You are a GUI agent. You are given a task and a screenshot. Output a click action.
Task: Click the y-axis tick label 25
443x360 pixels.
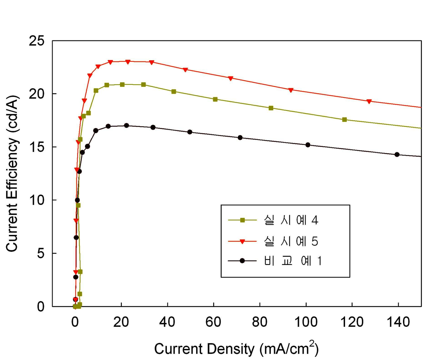click(x=36, y=41)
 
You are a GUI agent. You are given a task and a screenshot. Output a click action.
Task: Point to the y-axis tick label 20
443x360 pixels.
click(x=36, y=94)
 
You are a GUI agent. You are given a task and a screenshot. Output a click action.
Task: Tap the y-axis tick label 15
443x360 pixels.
click(x=36, y=147)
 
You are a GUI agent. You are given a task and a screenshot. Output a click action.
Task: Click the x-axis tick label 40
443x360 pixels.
click(x=167, y=322)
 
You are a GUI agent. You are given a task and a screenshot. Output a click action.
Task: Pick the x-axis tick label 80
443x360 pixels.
click(x=259, y=322)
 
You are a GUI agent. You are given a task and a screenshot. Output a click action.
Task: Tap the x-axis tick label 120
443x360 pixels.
click(x=352, y=322)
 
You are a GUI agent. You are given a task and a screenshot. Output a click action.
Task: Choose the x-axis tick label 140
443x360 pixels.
click(x=398, y=322)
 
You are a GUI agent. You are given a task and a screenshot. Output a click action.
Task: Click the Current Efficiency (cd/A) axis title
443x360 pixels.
click(x=12, y=173)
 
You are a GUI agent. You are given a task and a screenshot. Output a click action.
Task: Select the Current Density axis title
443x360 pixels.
click(x=236, y=349)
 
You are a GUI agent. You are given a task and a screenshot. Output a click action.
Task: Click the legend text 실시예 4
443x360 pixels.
click(x=291, y=220)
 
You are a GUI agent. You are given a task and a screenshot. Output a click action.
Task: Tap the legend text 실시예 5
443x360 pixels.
click(x=291, y=241)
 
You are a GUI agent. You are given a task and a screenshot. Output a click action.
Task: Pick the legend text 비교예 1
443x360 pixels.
click(x=293, y=261)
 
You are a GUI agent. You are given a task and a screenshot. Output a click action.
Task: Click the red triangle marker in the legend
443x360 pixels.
click(x=242, y=242)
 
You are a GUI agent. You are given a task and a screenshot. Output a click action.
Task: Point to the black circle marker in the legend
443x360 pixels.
click(x=242, y=261)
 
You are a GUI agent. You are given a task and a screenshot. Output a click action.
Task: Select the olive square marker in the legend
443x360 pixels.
click(x=242, y=220)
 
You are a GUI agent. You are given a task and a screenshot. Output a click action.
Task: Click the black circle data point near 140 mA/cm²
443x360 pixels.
click(x=397, y=154)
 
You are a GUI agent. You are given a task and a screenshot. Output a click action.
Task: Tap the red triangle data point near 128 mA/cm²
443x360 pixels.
click(x=369, y=102)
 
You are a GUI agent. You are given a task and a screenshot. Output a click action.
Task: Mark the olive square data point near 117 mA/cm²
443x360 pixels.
click(x=344, y=119)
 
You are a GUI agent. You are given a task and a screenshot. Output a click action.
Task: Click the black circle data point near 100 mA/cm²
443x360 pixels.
click(x=308, y=145)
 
